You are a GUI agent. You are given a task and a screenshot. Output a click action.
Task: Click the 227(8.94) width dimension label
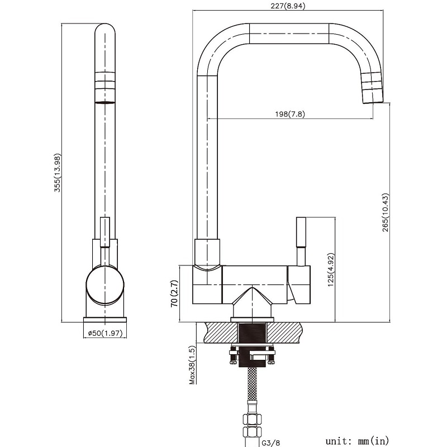click(x=288, y=6)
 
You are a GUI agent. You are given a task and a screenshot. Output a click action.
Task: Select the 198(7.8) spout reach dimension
click(x=290, y=114)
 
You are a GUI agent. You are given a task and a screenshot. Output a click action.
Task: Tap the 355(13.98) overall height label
click(x=58, y=173)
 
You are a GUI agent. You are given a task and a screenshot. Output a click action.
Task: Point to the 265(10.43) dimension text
click(x=386, y=212)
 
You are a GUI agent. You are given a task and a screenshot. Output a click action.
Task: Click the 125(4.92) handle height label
click(x=331, y=270)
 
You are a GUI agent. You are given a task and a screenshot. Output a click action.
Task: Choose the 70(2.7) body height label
click(x=174, y=293)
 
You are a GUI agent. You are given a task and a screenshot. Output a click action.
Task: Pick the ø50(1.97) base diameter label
click(x=105, y=333)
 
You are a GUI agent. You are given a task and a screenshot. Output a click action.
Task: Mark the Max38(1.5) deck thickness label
click(x=193, y=365)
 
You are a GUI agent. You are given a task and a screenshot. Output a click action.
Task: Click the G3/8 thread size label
click(x=271, y=443)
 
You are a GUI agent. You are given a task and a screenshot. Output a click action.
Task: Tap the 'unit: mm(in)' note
click(x=357, y=441)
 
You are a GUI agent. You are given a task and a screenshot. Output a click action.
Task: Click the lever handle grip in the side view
click(x=301, y=232)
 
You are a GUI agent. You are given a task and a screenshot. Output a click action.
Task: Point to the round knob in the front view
click(x=105, y=286)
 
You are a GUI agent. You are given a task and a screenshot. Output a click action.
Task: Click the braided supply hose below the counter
click(x=253, y=384)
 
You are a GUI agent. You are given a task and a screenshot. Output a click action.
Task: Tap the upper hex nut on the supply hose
click(x=252, y=420)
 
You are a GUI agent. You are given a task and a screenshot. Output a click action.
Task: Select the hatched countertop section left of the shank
click(x=221, y=332)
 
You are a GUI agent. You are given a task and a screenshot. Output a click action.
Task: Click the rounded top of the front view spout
click(x=105, y=30)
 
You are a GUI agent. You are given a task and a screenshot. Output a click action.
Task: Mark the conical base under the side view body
click(x=252, y=302)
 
